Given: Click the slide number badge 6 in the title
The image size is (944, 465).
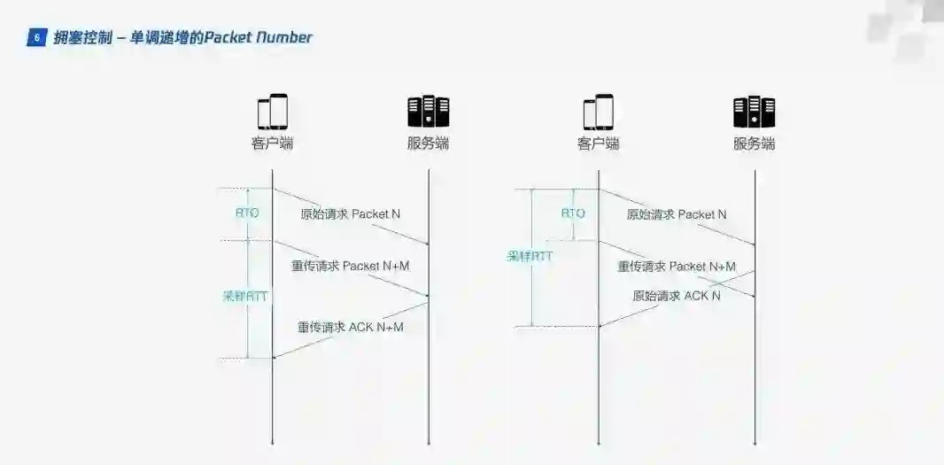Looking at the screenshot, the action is (36, 37).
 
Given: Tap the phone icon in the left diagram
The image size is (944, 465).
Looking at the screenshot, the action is (273, 112).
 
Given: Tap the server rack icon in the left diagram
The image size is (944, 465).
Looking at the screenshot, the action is (429, 112).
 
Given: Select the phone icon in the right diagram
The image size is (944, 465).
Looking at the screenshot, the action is (599, 112).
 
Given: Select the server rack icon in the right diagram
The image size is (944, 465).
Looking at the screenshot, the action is (754, 112).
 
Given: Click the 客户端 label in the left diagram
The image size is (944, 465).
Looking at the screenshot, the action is (273, 143).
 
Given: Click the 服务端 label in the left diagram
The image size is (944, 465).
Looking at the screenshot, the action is (429, 143).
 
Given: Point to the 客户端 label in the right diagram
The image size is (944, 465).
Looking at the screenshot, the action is (599, 143).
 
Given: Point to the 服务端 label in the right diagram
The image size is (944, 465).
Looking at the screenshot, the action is (754, 143).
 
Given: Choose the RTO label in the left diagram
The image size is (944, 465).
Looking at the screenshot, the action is (247, 213).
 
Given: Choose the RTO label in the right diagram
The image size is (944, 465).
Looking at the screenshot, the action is (573, 213).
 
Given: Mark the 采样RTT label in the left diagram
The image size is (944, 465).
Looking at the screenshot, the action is (244, 297).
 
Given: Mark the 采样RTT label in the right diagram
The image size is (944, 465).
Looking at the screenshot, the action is (530, 256).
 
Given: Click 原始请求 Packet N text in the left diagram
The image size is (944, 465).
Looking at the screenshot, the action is (351, 214).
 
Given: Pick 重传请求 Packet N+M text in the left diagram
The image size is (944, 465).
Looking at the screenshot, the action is (351, 266).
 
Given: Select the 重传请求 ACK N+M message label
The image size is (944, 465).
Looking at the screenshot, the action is (351, 327).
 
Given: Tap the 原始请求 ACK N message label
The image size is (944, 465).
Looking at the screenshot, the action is (677, 296).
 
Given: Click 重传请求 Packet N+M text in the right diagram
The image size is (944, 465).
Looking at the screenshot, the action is (677, 266).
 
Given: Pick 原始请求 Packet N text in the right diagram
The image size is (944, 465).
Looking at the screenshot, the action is (677, 214).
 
